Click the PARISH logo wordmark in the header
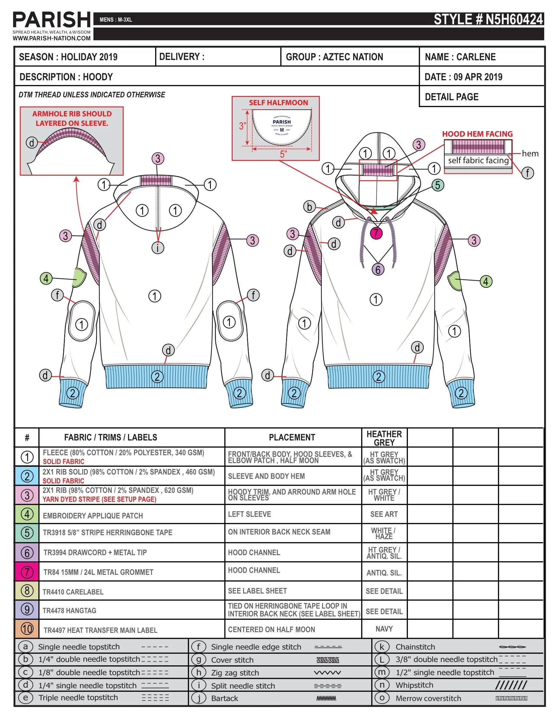(51, 20)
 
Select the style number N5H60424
(488, 19)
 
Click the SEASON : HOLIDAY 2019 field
(68, 57)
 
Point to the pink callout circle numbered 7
(376, 233)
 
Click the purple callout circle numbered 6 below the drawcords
(378, 269)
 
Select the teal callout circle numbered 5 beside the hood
(437, 185)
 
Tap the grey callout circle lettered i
(158, 247)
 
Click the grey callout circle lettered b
(309, 207)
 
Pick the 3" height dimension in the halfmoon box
(242, 126)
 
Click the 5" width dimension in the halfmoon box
(283, 154)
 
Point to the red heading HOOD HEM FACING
(477, 134)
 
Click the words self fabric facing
(478, 161)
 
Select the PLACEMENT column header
(292, 438)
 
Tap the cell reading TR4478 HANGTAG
(69, 611)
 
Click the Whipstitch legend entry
(414, 685)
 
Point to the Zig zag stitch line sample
(327, 672)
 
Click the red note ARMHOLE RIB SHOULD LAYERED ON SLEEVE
(72, 118)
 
